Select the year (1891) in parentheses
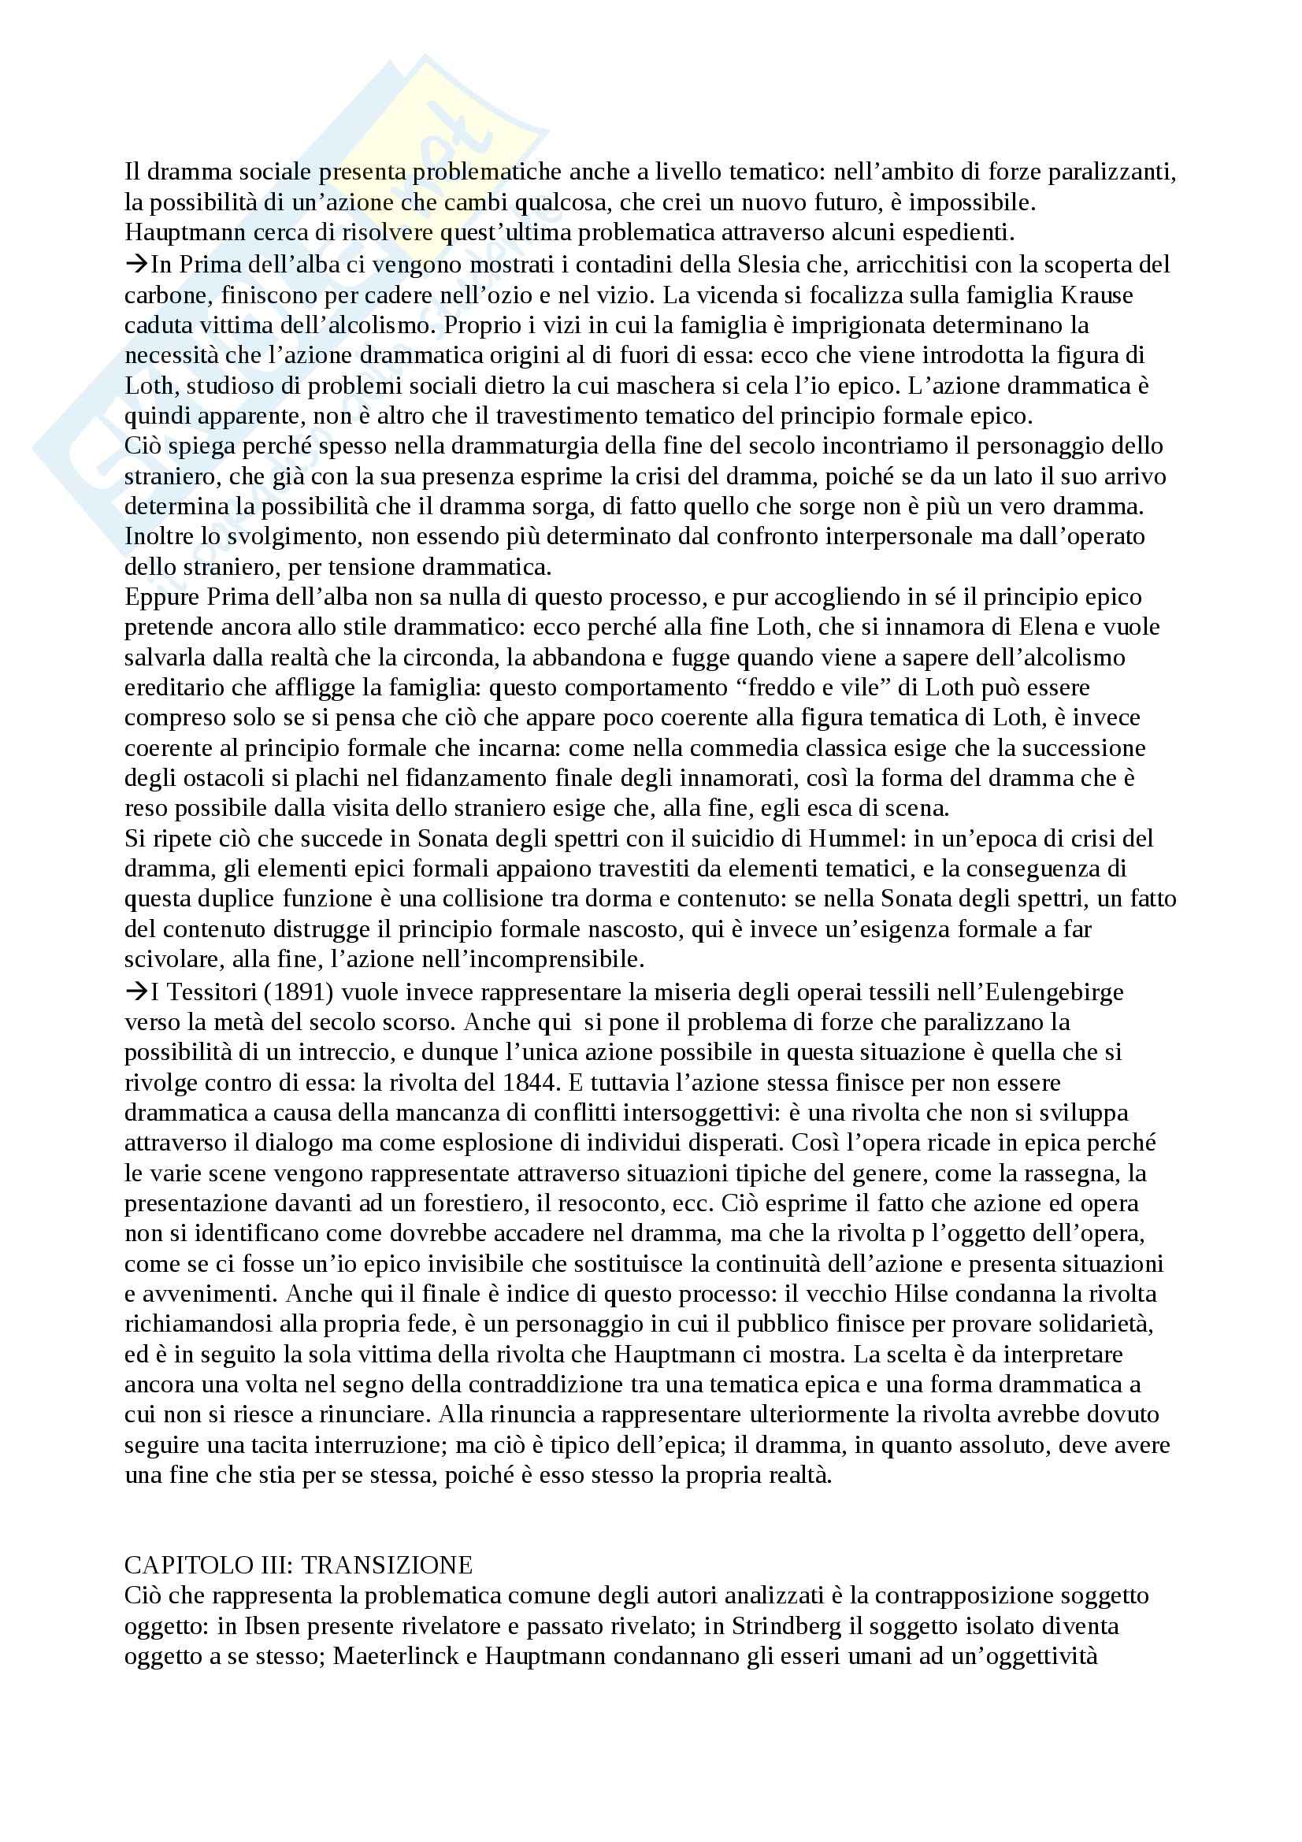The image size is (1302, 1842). tap(299, 991)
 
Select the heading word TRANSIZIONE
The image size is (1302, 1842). tap(387, 1566)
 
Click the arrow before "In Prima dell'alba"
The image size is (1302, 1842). tap(136, 264)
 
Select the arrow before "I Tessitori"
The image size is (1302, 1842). tap(136, 991)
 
